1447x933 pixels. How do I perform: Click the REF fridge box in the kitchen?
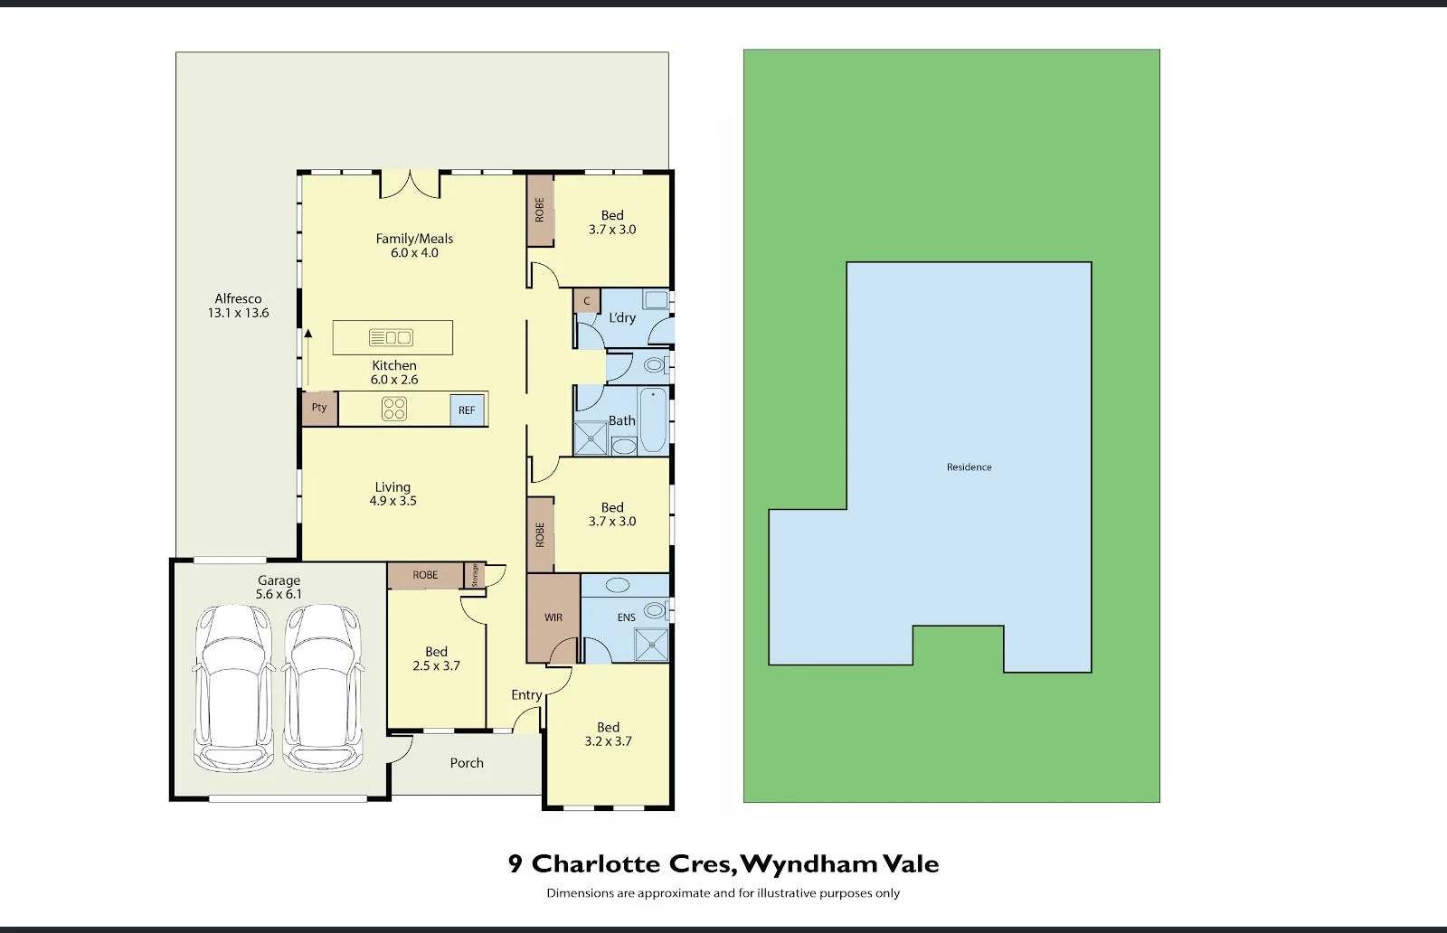coord(468,410)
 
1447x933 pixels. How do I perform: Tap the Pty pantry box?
coord(319,408)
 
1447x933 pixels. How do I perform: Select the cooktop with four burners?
coord(393,409)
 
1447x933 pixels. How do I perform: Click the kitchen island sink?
coord(392,337)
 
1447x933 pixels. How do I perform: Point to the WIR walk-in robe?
coord(553,617)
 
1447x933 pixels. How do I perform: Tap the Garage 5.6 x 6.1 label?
coord(279,587)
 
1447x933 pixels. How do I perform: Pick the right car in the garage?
coord(323,687)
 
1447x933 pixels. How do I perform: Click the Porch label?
coord(467,763)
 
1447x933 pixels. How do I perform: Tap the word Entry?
coord(526,695)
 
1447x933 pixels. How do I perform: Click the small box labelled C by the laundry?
coord(586,301)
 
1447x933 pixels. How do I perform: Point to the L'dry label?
coord(622,318)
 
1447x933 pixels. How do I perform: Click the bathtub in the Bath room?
coord(652,419)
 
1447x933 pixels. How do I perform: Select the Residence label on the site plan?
coord(969,467)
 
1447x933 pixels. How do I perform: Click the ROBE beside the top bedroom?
coord(540,211)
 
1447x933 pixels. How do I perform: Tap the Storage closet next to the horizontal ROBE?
coord(474,575)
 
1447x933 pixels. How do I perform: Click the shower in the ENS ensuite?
coord(651,645)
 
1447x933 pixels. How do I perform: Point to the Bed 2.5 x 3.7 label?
coord(436,658)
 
